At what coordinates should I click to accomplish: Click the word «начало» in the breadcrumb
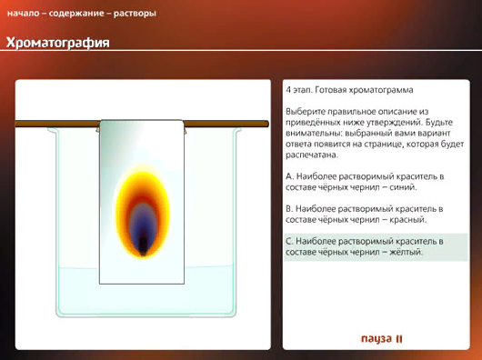pos(24,14)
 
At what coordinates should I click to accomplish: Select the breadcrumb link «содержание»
pos(76,14)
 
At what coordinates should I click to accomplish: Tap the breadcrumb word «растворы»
pos(135,15)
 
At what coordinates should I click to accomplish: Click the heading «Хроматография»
pos(58,43)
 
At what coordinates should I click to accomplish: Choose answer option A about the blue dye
pos(365,182)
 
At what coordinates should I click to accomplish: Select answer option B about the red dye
pos(365,215)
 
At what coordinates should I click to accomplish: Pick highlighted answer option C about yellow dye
pos(365,246)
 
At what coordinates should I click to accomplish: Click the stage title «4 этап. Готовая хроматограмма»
pos(349,90)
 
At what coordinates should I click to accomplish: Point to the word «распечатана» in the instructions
pos(312,155)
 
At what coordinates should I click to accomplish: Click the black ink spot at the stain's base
pos(143,245)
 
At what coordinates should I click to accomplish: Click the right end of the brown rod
pos(266,124)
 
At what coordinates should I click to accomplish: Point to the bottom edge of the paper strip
pos(142,284)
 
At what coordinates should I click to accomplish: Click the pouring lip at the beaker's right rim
pos(238,130)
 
